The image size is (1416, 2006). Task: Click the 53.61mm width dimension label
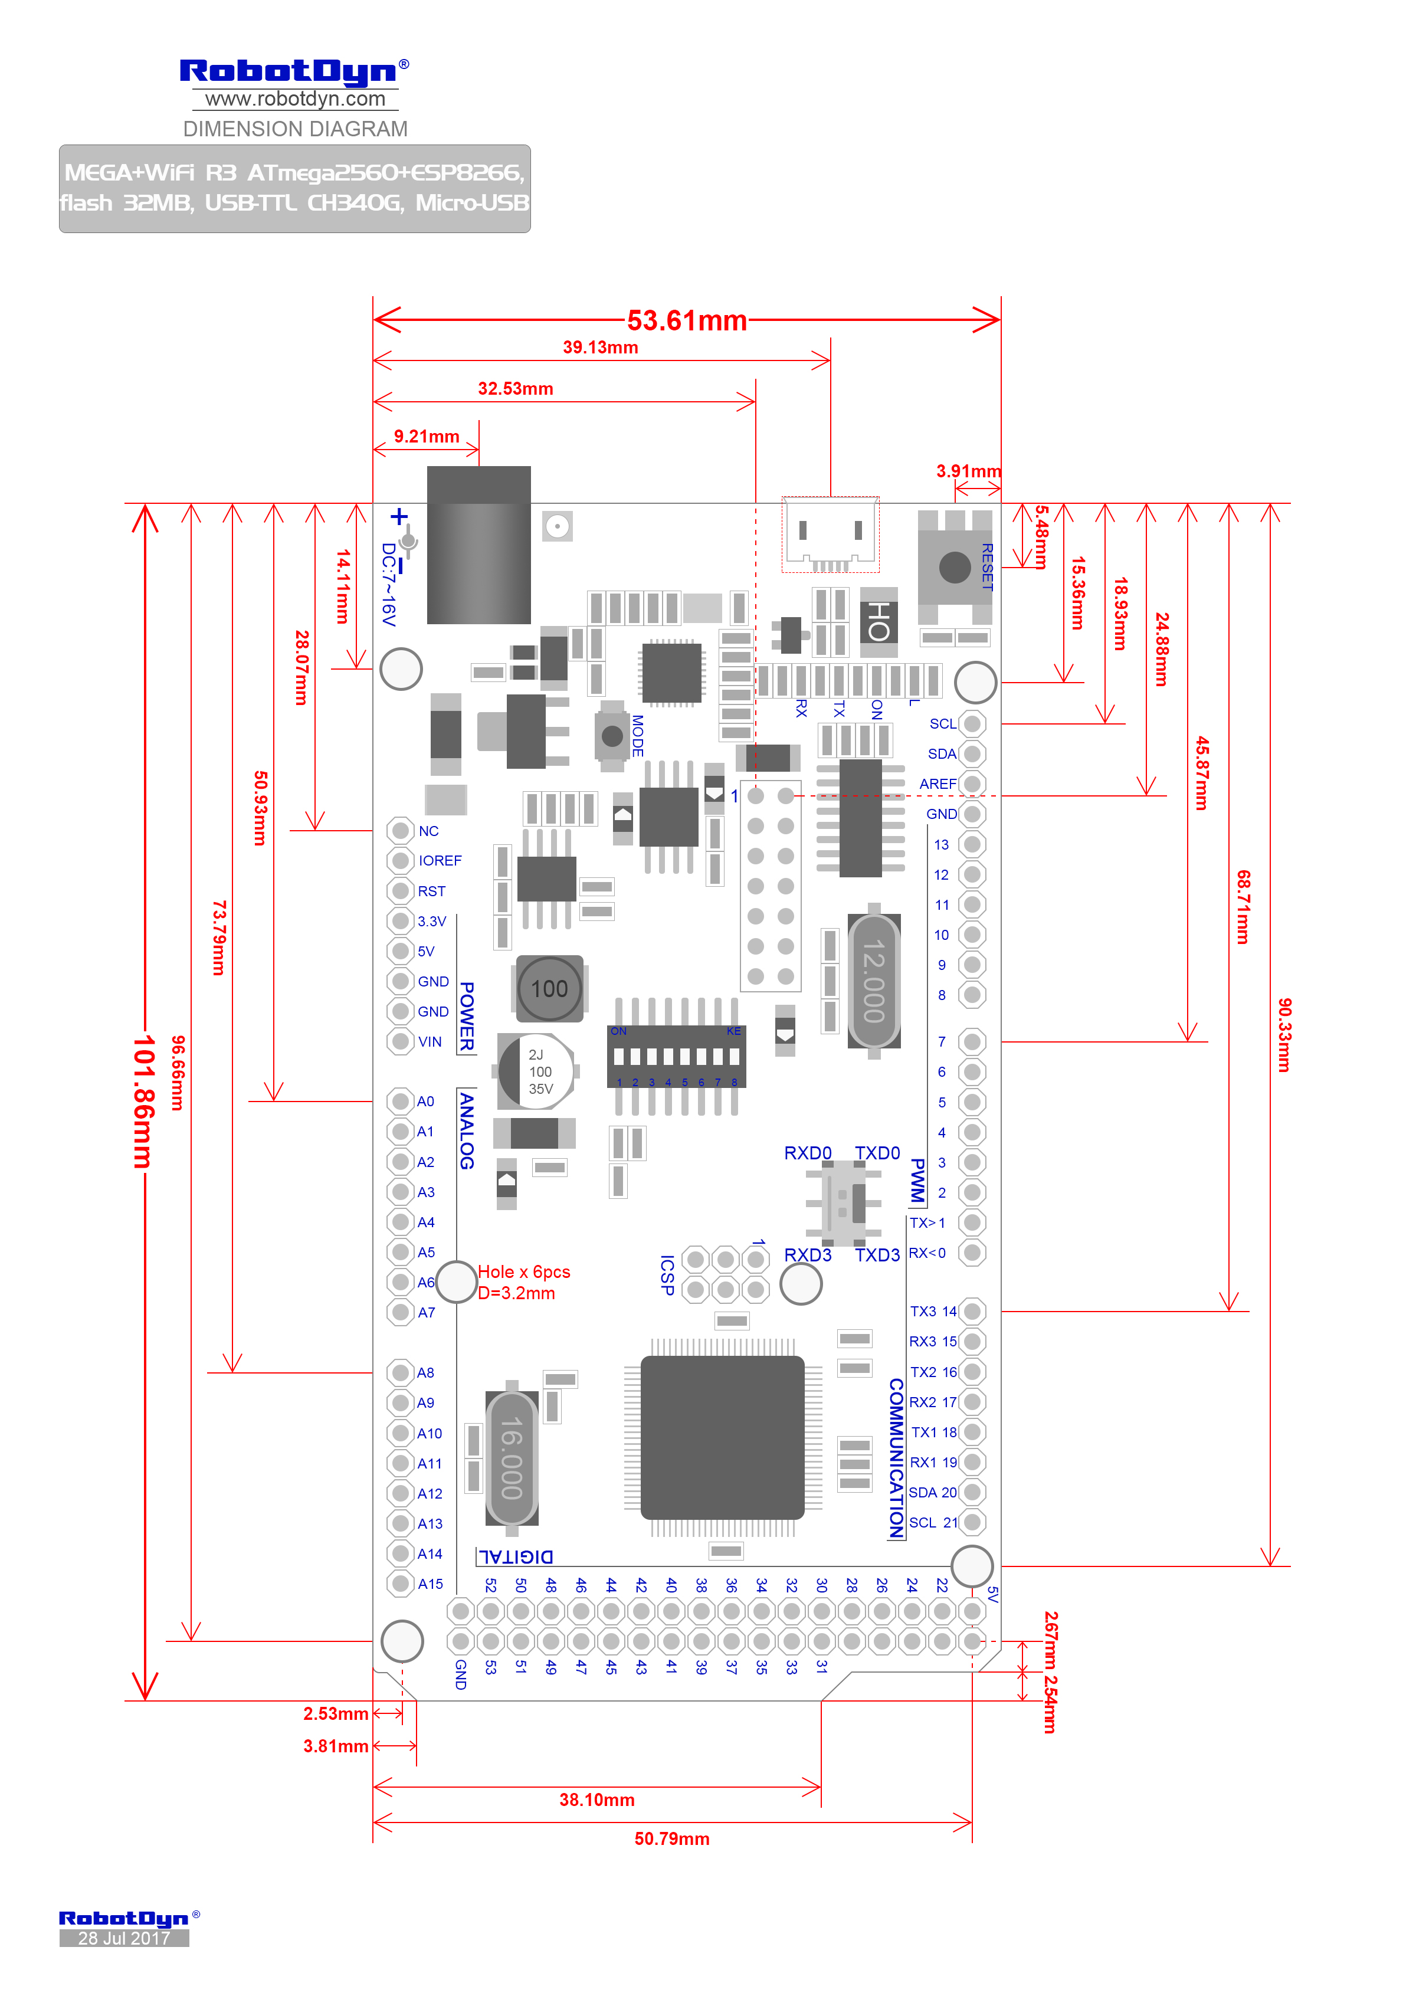pos(687,320)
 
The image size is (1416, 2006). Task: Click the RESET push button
pos(954,567)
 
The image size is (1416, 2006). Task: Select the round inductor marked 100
pos(549,988)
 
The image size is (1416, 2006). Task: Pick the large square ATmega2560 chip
pos(722,1437)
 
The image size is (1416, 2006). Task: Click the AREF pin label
pos(938,784)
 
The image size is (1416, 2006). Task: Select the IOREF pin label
pos(440,861)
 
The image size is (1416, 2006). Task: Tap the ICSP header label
pos(667,1275)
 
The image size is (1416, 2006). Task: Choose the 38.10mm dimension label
pos(596,1800)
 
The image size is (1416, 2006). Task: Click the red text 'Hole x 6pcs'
pos(523,1272)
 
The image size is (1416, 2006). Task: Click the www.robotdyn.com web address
pos(295,99)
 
